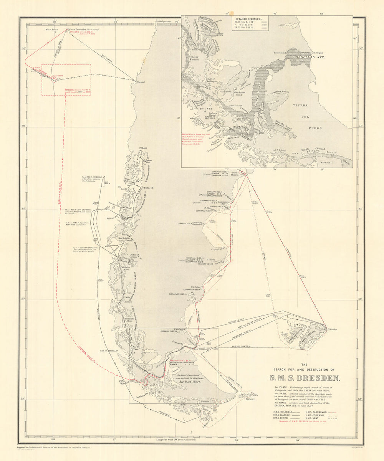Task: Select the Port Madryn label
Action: (x=235, y=173)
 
